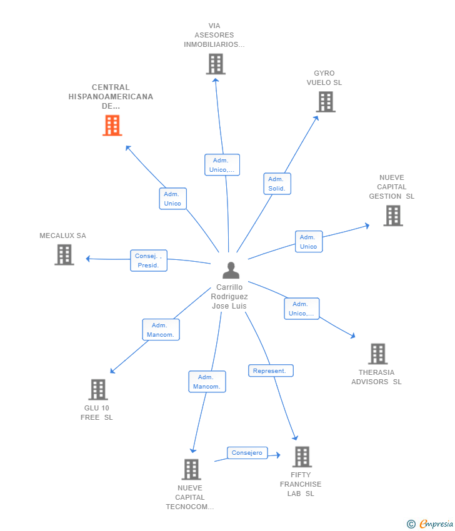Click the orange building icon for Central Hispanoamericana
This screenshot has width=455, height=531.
point(112,126)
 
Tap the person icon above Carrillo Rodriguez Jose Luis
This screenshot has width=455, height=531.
point(231,270)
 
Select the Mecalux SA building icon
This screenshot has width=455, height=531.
point(64,255)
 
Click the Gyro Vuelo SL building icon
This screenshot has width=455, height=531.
point(326,102)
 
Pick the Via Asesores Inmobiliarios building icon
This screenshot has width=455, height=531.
point(216,64)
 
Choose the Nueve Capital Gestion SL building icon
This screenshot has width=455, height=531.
point(393,216)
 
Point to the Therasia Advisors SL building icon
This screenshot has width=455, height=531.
point(377,354)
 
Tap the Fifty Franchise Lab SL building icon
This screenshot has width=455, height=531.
point(302,457)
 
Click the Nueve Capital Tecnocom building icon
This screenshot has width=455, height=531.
point(191,469)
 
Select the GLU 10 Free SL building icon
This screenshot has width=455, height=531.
point(98,389)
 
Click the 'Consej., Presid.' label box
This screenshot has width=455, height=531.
point(149,261)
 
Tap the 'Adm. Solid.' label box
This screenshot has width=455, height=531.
point(277,184)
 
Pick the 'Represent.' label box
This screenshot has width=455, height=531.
point(271,371)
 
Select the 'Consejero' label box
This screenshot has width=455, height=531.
point(247,453)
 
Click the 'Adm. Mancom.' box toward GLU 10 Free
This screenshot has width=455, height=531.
point(161,329)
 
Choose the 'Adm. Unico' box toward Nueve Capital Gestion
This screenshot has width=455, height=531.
point(309,242)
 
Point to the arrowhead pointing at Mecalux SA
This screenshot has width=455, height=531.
point(88,259)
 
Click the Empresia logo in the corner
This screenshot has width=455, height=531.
point(430,524)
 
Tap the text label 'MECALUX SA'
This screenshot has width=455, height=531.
point(62,236)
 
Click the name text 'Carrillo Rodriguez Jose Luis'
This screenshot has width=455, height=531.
point(229,297)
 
